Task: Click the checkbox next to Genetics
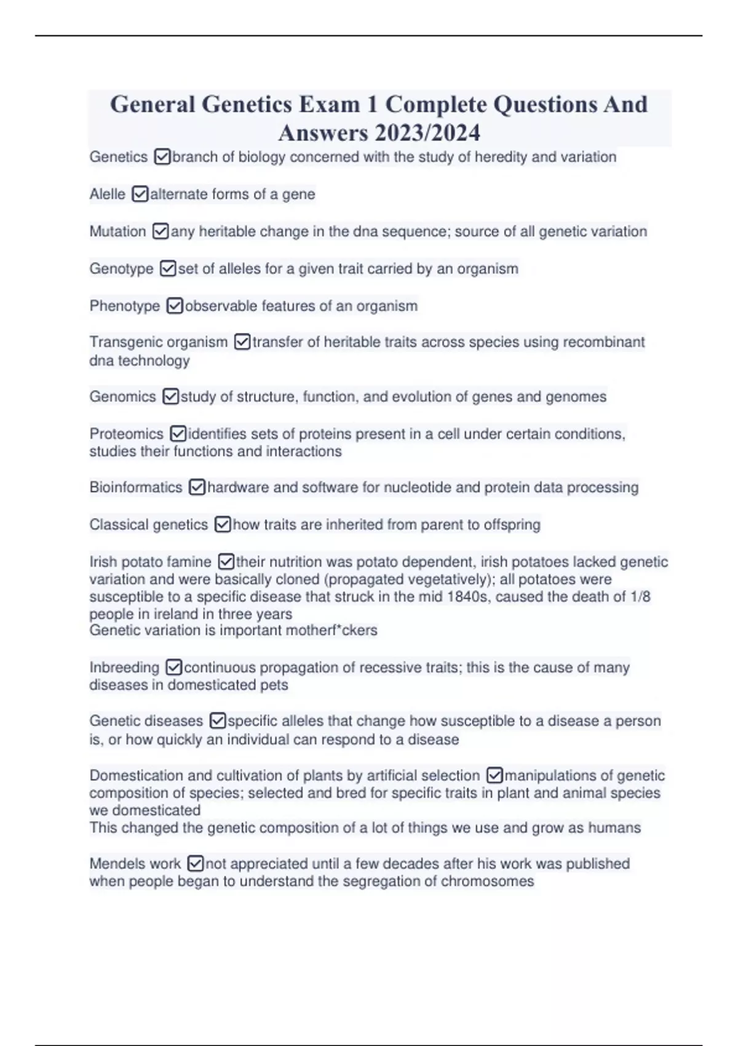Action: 162,157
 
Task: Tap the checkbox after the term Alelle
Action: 140,194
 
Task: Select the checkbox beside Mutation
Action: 161,231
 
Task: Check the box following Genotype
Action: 168,269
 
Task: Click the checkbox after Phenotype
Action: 175,306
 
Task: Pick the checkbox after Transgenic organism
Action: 242,342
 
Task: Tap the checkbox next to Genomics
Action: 170,397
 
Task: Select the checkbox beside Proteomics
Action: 178,434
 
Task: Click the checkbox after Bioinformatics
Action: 197,487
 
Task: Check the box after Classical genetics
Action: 223,525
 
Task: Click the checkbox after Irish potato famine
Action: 226,562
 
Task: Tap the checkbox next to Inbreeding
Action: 174,668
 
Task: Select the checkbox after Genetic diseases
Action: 218,721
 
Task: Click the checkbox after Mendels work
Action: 195,864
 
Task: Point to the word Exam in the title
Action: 329,105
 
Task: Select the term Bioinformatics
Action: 136,487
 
